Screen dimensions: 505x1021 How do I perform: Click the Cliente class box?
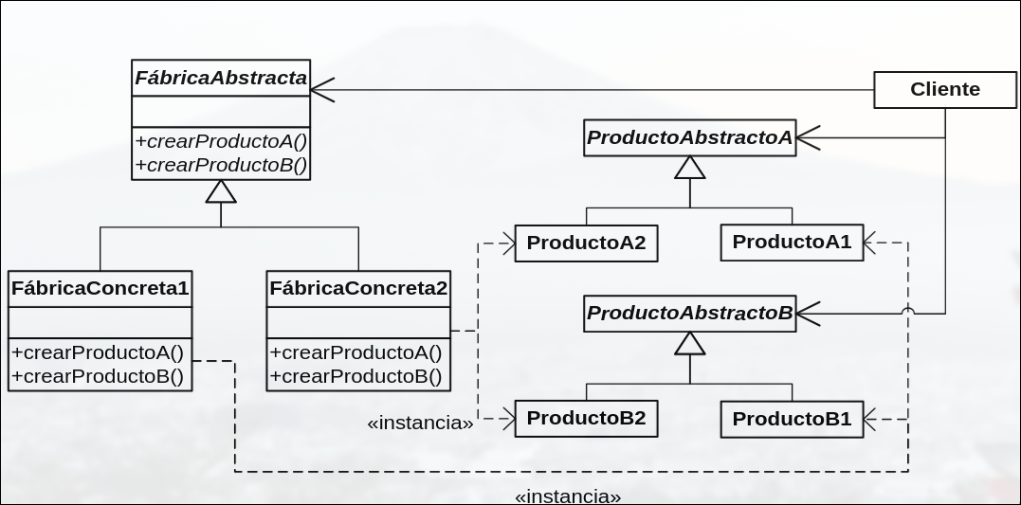(x=944, y=90)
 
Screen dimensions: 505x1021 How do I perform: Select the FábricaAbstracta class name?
(x=221, y=79)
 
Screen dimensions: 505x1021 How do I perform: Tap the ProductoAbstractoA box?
(x=689, y=138)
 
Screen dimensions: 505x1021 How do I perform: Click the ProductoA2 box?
(x=586, y=243)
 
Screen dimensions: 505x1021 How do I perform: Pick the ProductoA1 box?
(x=792, y=242)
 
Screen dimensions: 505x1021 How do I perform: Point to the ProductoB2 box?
(x=586, y=418)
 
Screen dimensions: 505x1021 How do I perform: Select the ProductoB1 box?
(x=792, y=419)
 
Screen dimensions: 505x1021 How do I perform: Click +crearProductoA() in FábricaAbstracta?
(x=221, y=141)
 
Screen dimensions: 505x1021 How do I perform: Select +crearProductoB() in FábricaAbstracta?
(x=221, y=164)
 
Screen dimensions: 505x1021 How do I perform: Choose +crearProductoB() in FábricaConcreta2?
(x=356, y=376)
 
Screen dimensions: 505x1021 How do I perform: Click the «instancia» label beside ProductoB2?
(x=420, y=424)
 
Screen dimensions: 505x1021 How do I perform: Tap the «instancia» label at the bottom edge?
(x=568, y=496)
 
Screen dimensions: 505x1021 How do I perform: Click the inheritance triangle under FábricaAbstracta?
(x=221, y=191)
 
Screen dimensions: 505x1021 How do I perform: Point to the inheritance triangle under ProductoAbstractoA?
(x=689, y=168)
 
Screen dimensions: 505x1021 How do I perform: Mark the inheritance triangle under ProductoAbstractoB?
(x=689, y=343)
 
